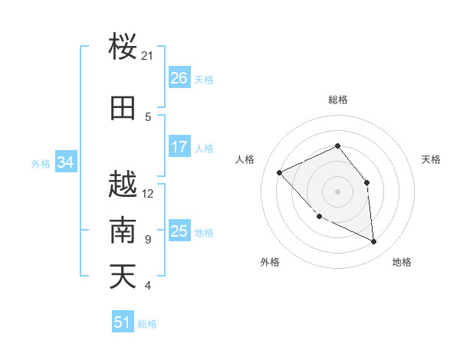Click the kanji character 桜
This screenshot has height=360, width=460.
tap(123, 47)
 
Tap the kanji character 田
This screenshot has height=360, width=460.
tap(123, 108)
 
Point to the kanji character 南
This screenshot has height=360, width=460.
tap(123, 230)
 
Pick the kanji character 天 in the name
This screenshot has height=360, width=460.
tap(123, 276)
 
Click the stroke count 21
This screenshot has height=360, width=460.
tap(148, 56)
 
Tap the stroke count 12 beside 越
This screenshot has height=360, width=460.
tap(148, 193)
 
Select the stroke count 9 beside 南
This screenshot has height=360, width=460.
tap(147, 240)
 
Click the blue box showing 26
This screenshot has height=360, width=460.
tap(179, 78)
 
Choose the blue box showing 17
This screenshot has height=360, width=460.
tap(179, 147)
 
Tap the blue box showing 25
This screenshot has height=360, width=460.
tap(179, 231)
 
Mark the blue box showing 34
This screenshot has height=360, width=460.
tap(66, 162)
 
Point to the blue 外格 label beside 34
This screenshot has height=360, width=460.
tap(41, 163)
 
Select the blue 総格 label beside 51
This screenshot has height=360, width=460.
tap(147, 324)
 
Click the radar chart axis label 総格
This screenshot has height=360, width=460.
tap(338, 100)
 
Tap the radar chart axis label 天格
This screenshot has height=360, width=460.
tap(432, 159)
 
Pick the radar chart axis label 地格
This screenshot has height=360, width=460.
tap(402, 262)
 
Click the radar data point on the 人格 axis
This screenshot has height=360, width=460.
tap(280, 173)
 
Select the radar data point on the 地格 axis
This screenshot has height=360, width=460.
tap(374, 242)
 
